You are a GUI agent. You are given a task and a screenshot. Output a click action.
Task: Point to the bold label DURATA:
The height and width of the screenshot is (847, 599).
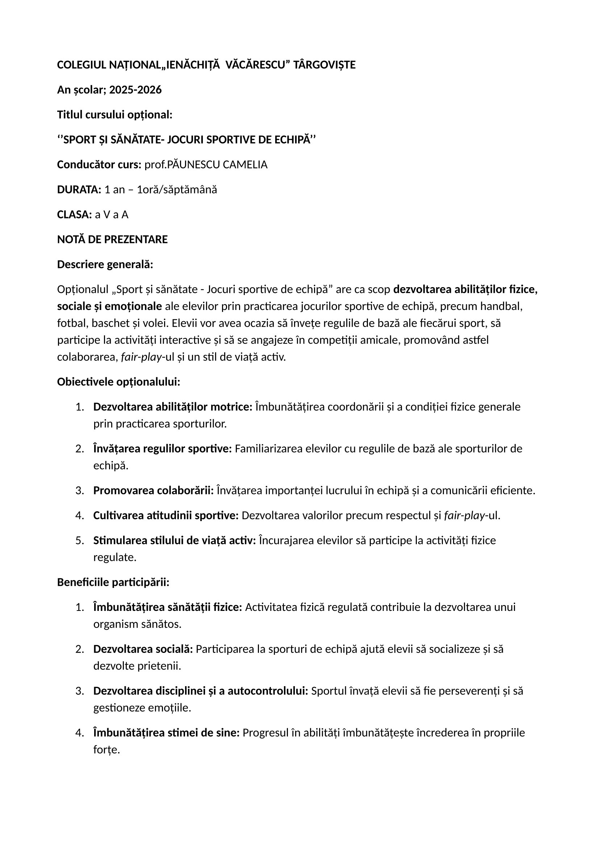pyautogui.click(x=79, y=190)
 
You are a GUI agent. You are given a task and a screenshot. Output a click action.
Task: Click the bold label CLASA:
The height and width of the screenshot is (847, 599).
pyautogui.click(x=74, y=215)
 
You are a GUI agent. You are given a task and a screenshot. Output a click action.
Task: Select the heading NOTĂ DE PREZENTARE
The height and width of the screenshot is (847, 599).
pyautogui.click(x=112, y=240)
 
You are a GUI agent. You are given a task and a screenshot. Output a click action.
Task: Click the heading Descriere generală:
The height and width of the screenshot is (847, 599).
pyautogui.click(x=105, y=265)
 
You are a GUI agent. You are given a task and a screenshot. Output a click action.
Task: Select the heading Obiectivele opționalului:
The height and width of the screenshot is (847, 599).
pyautogui.click(x=118, y=382)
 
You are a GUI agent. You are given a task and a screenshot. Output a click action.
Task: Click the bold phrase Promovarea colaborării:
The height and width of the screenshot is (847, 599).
pyautogui.click(x=154, y=491)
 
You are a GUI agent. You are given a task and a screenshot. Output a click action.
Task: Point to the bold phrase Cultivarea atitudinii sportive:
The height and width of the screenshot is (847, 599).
pyautogui.click(x=166, y=516)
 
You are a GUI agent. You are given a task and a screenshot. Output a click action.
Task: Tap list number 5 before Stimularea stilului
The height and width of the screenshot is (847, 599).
pyautogui.click(x=79, y=541)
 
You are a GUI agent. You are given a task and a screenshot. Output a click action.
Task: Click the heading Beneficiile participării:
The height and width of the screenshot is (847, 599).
pyautogui.click(x=113, y=583)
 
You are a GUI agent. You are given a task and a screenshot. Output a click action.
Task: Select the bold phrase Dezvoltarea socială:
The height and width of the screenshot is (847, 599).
pyautogui.click(x=143, y=649)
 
